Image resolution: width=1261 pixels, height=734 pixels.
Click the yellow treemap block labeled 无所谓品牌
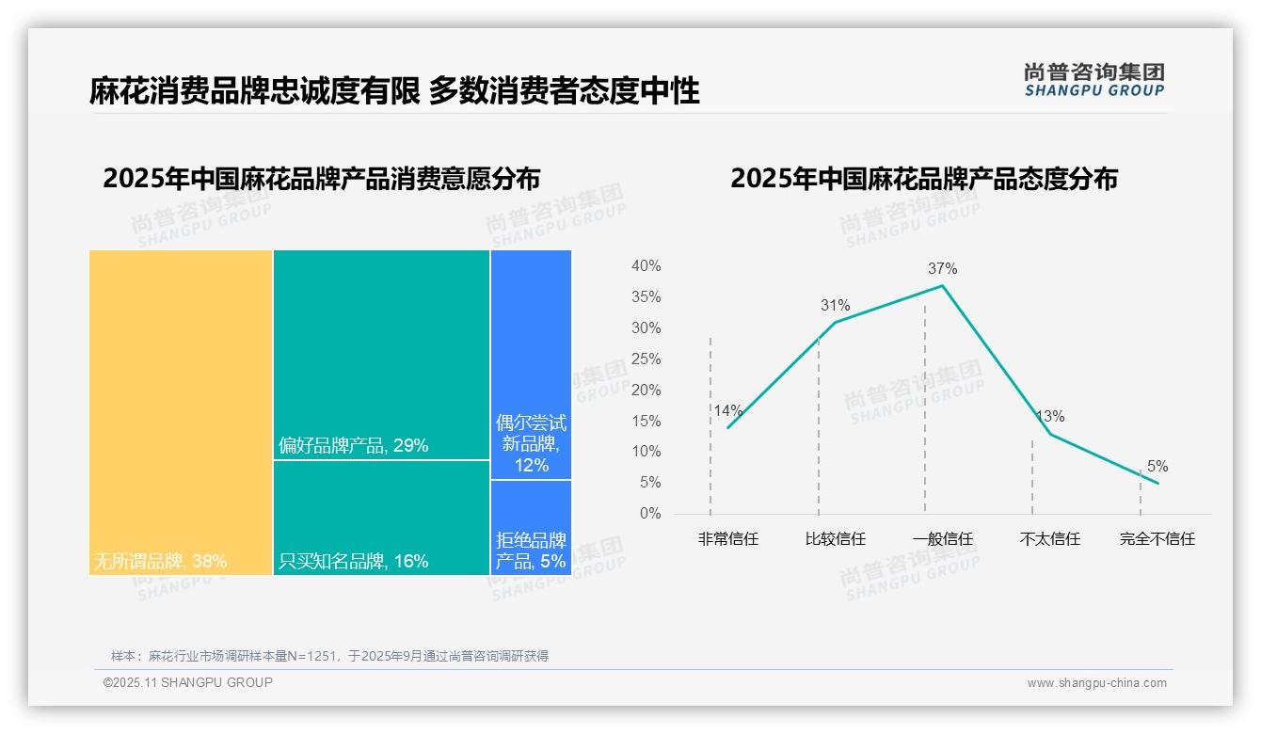(181, 411)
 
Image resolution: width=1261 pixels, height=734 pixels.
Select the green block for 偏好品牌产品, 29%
(381, 354)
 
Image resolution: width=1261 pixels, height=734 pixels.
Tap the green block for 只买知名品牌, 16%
(381, 517)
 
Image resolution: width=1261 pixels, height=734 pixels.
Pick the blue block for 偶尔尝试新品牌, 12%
(531, 364)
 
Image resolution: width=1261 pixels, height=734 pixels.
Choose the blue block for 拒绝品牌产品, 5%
(531, 527)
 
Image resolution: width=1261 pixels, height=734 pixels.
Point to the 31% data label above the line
(835, 305)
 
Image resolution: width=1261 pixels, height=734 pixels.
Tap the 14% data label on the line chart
(727, 410)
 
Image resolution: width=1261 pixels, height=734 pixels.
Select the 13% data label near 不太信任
(1049, 416)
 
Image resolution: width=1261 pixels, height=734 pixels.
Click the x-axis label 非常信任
(727, 539)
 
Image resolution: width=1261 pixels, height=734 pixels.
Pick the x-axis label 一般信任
(942, 539)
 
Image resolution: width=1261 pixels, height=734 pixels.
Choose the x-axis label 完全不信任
(1157, 539)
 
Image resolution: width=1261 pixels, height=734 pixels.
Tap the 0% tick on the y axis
(650, 514)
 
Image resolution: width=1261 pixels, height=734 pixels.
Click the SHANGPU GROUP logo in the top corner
(1093, 80)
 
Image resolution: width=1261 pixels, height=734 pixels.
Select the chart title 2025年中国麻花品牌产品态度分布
(923, 178)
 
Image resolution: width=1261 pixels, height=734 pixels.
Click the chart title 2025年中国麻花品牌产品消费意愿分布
(322, 178)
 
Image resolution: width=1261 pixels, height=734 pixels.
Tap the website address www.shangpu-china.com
(1096, 683)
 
